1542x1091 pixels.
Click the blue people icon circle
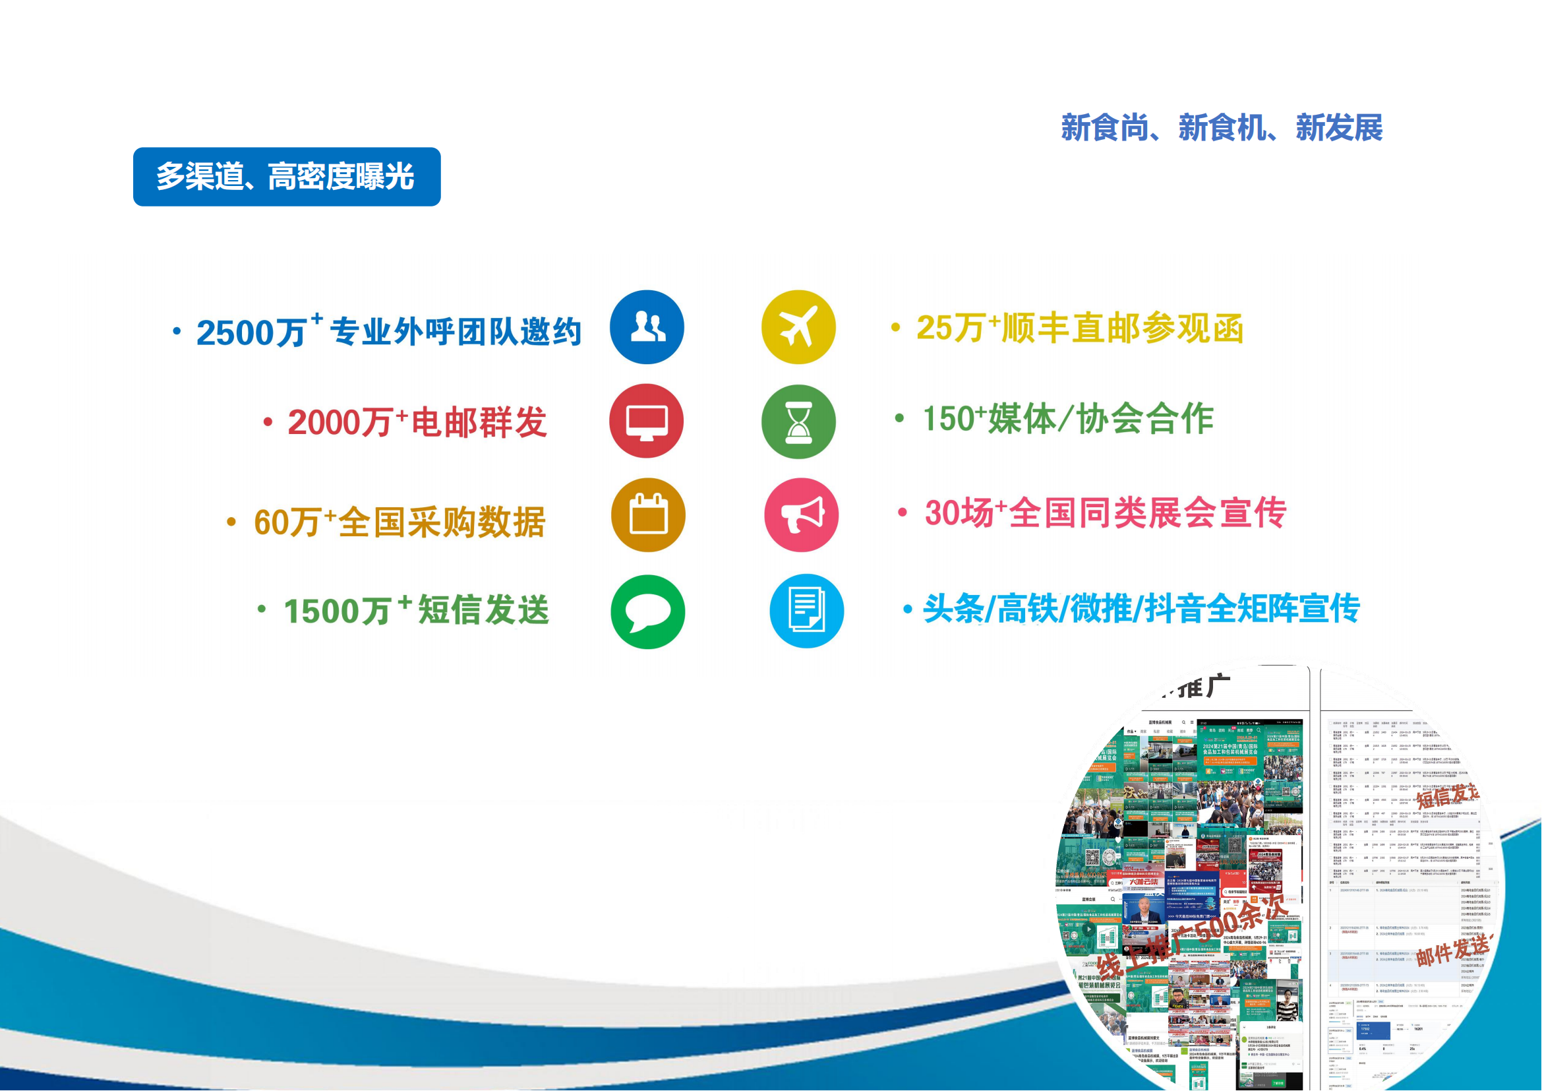point(647,327)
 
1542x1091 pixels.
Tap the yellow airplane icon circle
point(798,327)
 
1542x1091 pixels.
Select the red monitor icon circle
point(646,421)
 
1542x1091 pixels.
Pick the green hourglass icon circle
point(798,422)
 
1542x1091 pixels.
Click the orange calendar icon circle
point(648,515)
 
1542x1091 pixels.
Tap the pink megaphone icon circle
point(801,515)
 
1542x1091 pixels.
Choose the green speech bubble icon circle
point(647,611)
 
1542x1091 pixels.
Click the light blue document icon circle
point(806,611)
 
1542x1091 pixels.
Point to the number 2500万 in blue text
point(251,332)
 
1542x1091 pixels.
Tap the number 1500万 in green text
point(337,611)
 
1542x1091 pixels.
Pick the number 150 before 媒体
point(948,420)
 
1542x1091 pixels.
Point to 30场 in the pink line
point(959,513)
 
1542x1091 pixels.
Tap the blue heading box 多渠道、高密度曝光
point(287,177)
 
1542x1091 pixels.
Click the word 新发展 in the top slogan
point(1338,128)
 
